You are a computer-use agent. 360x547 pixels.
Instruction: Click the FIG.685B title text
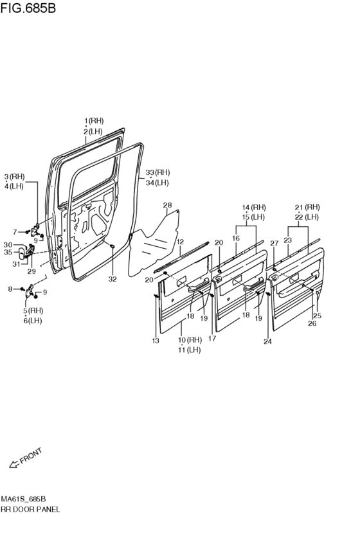[28, 8]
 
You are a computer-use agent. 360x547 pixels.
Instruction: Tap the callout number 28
[167, 205]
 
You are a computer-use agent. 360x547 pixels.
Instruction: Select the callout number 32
[113, 279]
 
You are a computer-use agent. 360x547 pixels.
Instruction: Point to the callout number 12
[180, 242]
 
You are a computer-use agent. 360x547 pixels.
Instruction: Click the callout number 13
[156, 341]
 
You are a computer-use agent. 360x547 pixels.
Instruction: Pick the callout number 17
[212, 338]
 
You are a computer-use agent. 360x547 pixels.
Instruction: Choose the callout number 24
[267, 341]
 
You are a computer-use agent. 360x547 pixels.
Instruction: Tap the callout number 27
[274, 244]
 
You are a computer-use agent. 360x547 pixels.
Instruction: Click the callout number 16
[236, 238]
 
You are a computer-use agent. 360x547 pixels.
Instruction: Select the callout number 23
[288, 240]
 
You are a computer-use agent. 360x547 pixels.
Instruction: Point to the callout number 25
[317, 316]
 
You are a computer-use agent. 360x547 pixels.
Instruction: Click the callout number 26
[312, 323]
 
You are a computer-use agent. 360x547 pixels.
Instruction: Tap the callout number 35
[8, 252]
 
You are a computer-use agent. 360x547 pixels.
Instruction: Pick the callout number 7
[15, 232]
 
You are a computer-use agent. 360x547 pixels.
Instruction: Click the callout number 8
[10, 289]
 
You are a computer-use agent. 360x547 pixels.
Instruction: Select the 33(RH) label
[157, 172]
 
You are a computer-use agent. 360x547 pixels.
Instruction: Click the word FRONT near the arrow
[31, 456]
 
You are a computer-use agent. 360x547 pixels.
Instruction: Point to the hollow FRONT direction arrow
[14, 464]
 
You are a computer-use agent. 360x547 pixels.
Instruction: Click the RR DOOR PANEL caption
[30, 509]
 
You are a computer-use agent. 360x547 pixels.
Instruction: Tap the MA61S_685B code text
[23, 499]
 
